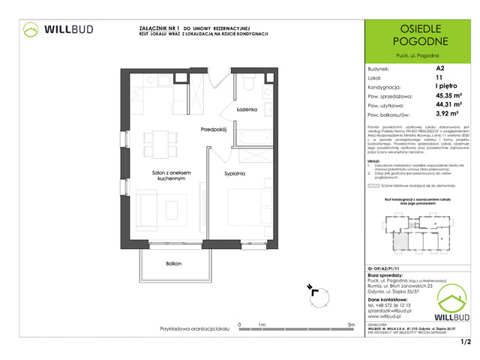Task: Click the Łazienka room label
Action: (247, 110)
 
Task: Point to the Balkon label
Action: (174, 263)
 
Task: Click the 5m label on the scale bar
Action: (351, 325)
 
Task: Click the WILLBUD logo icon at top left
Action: (31, 30)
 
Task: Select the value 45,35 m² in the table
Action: (448, 95)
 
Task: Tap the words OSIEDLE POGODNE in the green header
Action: (417, 33)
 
